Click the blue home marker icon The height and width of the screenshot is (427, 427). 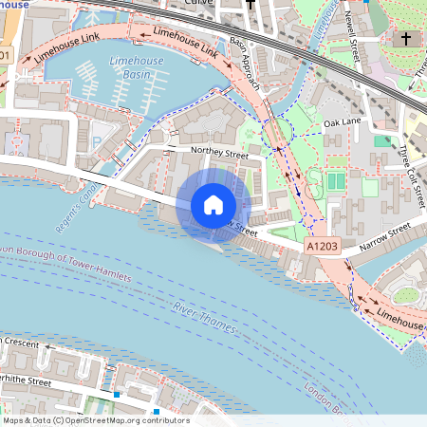click(213, 204)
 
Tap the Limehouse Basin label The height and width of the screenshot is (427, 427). click(137, 67)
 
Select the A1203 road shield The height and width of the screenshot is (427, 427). click(321, 246)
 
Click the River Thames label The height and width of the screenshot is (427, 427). click(205, 319)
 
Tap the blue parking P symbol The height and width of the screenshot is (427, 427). click(96, 142)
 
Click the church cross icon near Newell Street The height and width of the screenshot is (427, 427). click(405, 39)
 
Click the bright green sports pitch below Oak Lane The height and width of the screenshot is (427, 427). click(337, 180)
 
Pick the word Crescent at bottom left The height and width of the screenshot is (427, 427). click(21, 342)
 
